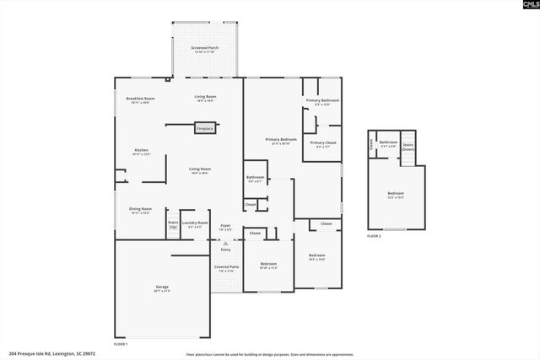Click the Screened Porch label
click(x=205, y=49)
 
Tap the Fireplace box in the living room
click(x=205, y=128)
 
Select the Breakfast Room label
click(x=140, y=99)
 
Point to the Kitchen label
click(x=140, y=152)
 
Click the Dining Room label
click(x=140, y=210)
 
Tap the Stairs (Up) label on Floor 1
click(x=173, y=224)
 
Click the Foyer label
click(x=225, y=226)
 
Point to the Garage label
click(x=161, y=288)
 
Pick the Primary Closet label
click(x=322, y=143)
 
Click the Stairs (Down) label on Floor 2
click(x=408, y=145)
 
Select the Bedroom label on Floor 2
click(x=396, y=195)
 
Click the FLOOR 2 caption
click(x=374, y=236)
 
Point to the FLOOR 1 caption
click(x=121, y=344)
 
